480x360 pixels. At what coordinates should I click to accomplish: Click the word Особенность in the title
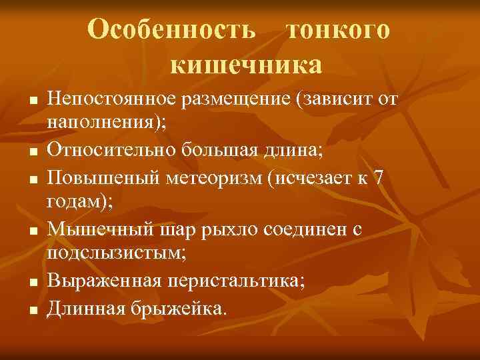click(171, 29)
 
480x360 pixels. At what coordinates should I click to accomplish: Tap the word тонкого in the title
click(337, 29)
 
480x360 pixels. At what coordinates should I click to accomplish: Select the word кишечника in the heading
click(246, 65)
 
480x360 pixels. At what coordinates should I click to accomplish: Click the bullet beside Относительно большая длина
click(33, 153)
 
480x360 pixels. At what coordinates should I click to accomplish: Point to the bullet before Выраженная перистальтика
click(33, 282)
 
